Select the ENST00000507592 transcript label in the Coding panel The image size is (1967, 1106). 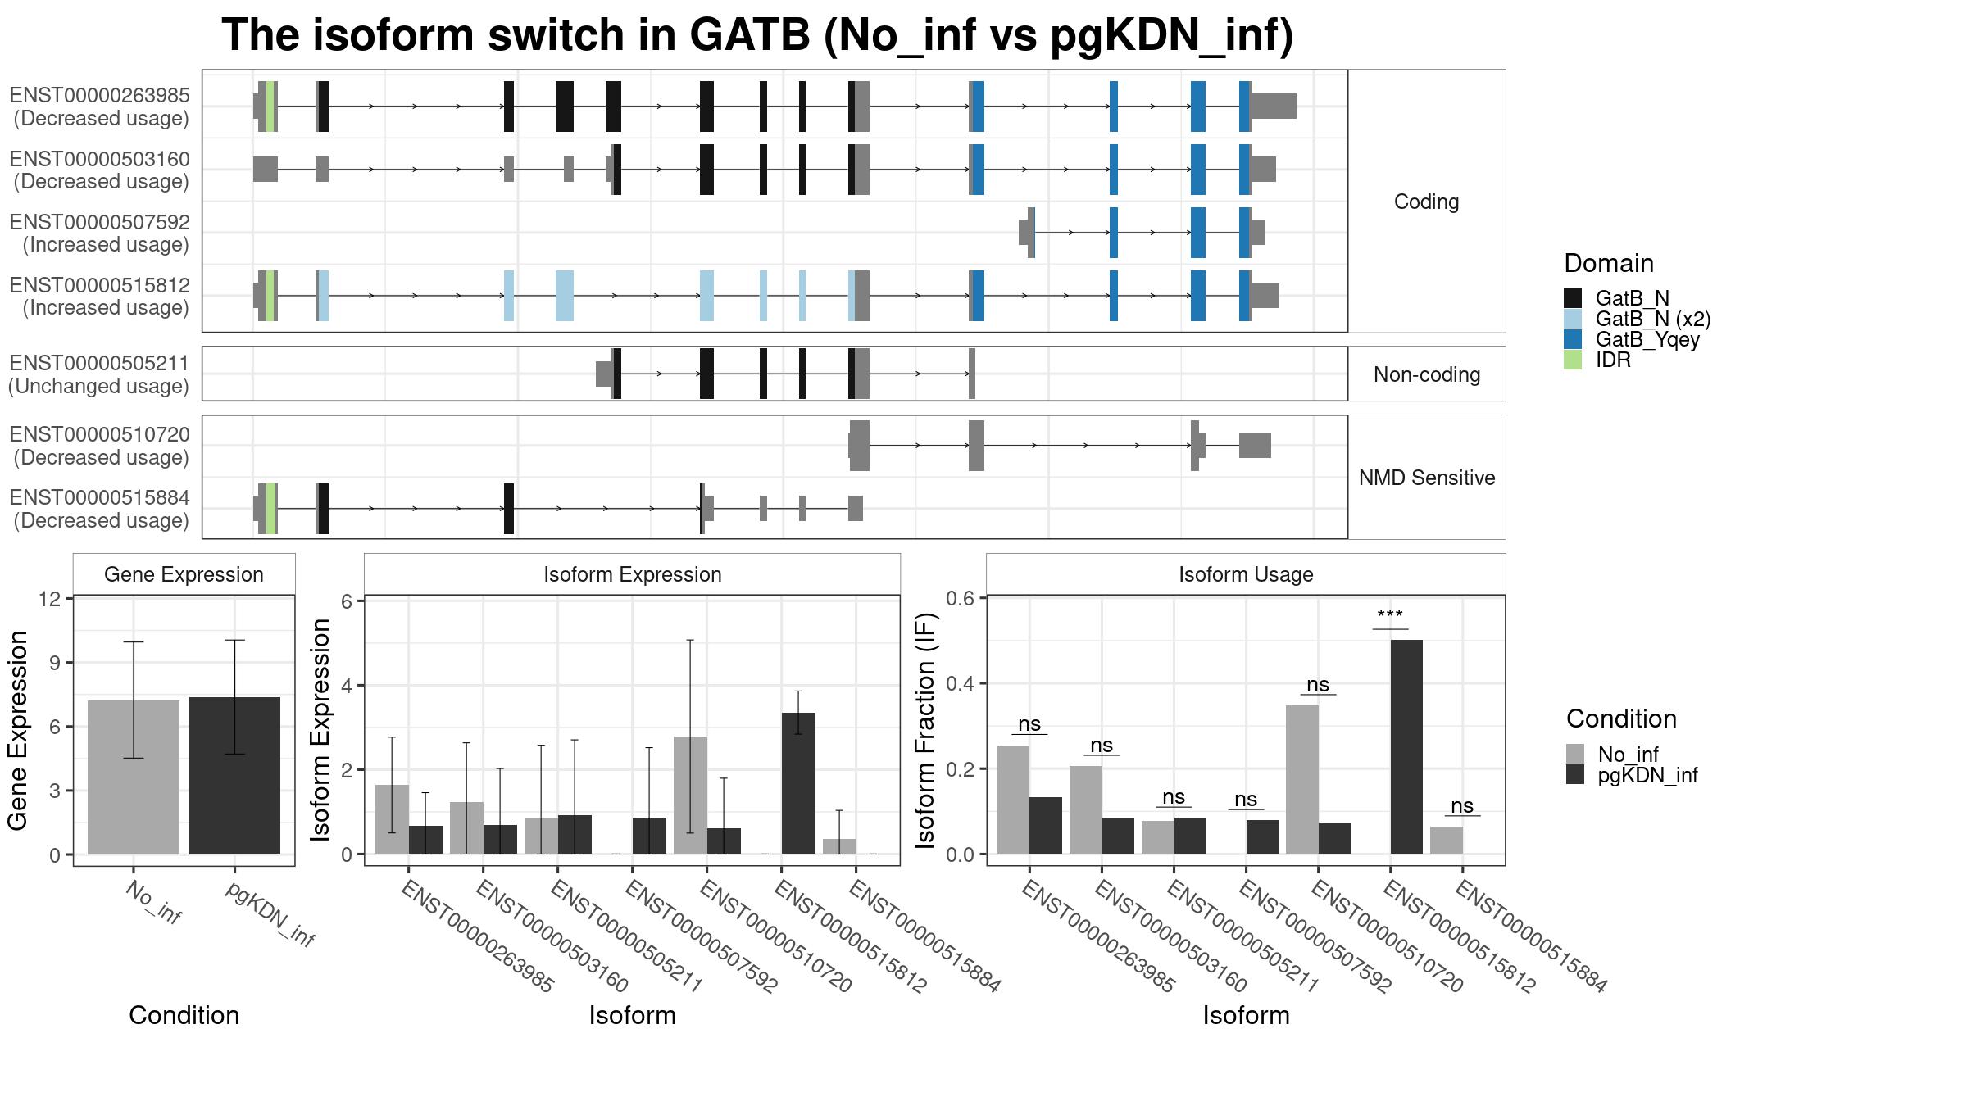[x=100, y=223]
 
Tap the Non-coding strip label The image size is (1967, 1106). [x=1426, y=374]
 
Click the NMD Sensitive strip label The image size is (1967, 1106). [x=1426, y=478]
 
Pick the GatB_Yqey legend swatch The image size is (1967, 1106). [x=1573, y=339]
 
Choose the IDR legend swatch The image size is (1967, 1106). [x=1573, y=360]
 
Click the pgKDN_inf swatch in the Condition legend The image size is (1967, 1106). [x=1575, y=775]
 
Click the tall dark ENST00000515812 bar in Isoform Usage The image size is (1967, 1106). [x=1406, y=746]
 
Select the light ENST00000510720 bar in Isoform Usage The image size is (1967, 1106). [x=1301, y=779]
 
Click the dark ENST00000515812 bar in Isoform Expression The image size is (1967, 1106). [x=798, y=783]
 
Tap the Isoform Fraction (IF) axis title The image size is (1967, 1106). [x=926, y=730]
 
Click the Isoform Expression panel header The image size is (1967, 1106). [x=632, y=574]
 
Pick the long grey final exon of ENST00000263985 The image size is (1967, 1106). [x=1274, y=107]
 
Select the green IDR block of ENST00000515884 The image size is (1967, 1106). [x=270, y=509]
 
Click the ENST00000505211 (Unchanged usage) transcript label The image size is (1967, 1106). [x=100, y=374]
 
